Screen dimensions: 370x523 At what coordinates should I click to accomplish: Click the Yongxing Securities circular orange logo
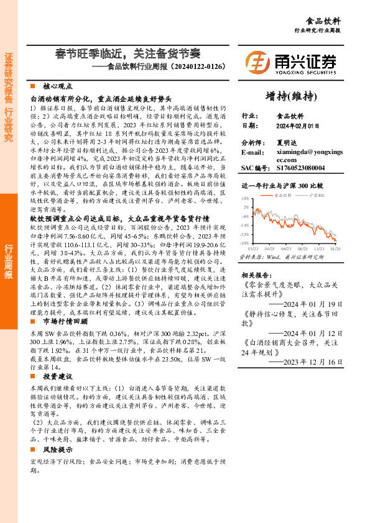pos(257,62)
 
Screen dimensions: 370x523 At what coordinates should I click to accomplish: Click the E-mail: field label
pos(252,152)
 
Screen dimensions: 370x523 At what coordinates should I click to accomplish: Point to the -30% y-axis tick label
pos(244,243)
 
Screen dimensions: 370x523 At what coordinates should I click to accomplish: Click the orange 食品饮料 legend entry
pos(281,194)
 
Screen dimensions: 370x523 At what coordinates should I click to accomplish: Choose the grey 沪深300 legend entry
pos(315,194)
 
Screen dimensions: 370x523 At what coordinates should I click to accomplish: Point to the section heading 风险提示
pos(58,448)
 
